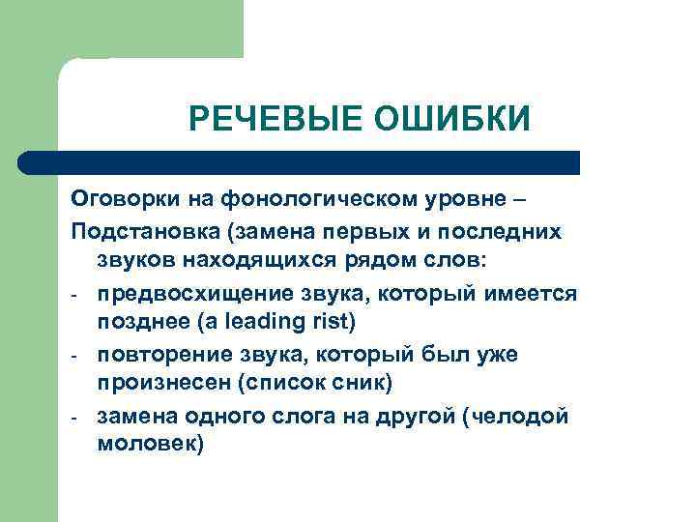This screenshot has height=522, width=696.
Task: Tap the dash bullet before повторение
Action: pos(76,355)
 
